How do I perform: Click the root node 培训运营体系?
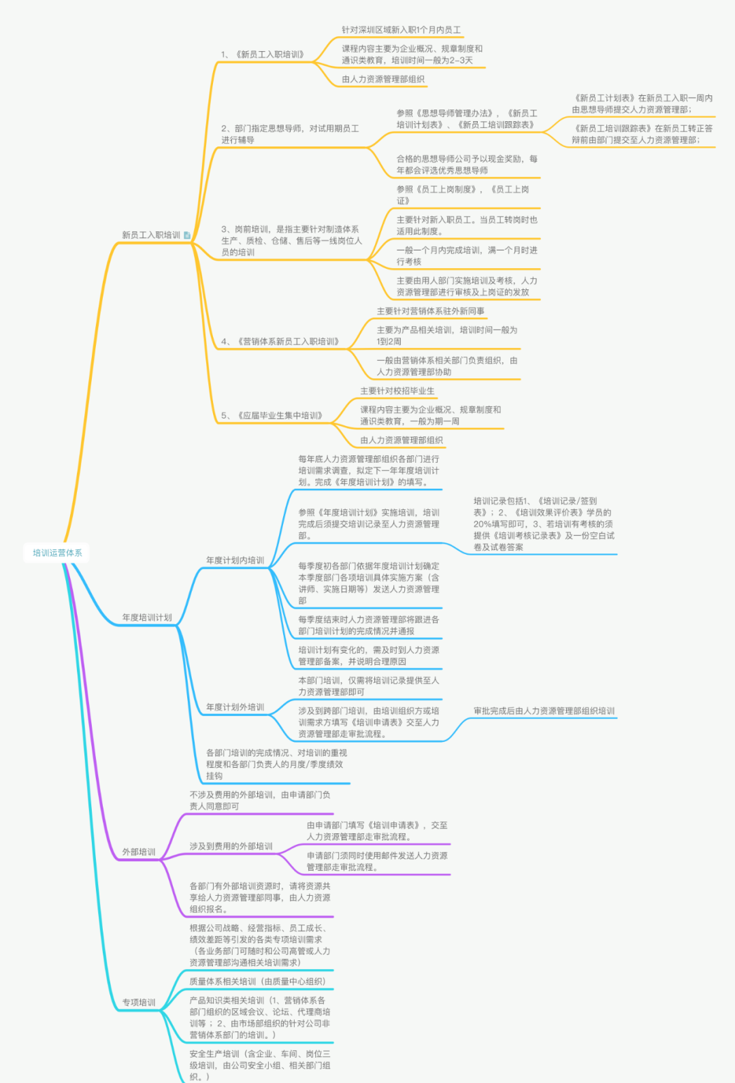tap(57, 553)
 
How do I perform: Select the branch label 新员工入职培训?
tap(151, 235)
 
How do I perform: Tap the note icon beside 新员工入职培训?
tap(187, 235)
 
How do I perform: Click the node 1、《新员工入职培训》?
tap(263, 54)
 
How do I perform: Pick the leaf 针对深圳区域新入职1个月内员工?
tap(401, 30)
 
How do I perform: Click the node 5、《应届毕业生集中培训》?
tap(272, 415)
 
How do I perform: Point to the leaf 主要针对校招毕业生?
tap(397, 391)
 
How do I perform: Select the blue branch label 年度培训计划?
tap(147, 617)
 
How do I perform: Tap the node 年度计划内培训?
tap(235, 560)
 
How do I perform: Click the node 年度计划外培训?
tap(235, 707)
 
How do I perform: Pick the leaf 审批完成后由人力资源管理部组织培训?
tap(544, 711)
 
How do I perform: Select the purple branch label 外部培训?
tap(139, 852)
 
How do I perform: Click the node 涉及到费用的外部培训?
tap(231, 846)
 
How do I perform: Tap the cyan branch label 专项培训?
tap(139, 1002)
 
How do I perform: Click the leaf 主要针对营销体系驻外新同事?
tap(431, 311)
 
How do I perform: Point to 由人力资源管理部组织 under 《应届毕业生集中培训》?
tap(402, 440)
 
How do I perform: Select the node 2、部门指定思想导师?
tap(290, 134)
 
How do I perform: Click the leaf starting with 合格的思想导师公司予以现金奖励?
tap(467, 164)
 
